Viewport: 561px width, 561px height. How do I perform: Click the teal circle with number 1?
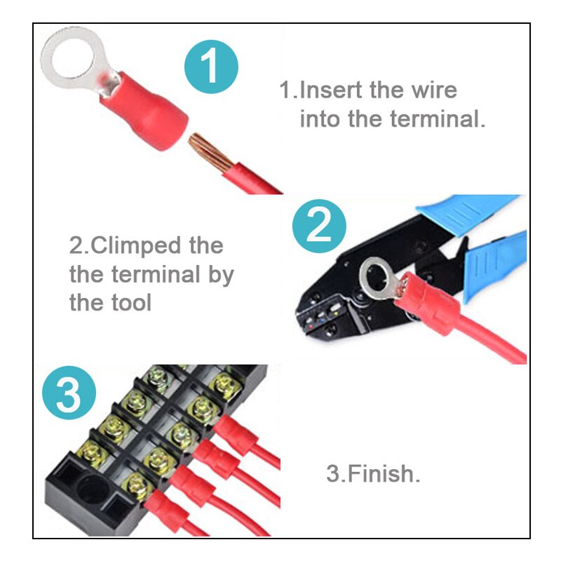click(211, 67)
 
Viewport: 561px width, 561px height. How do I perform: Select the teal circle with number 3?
click(69, 396)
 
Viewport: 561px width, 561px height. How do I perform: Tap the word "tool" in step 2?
click(129, 303)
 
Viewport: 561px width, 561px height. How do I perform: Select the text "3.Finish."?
click(373, 473)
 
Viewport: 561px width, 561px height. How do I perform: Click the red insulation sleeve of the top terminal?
click(143, 112)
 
